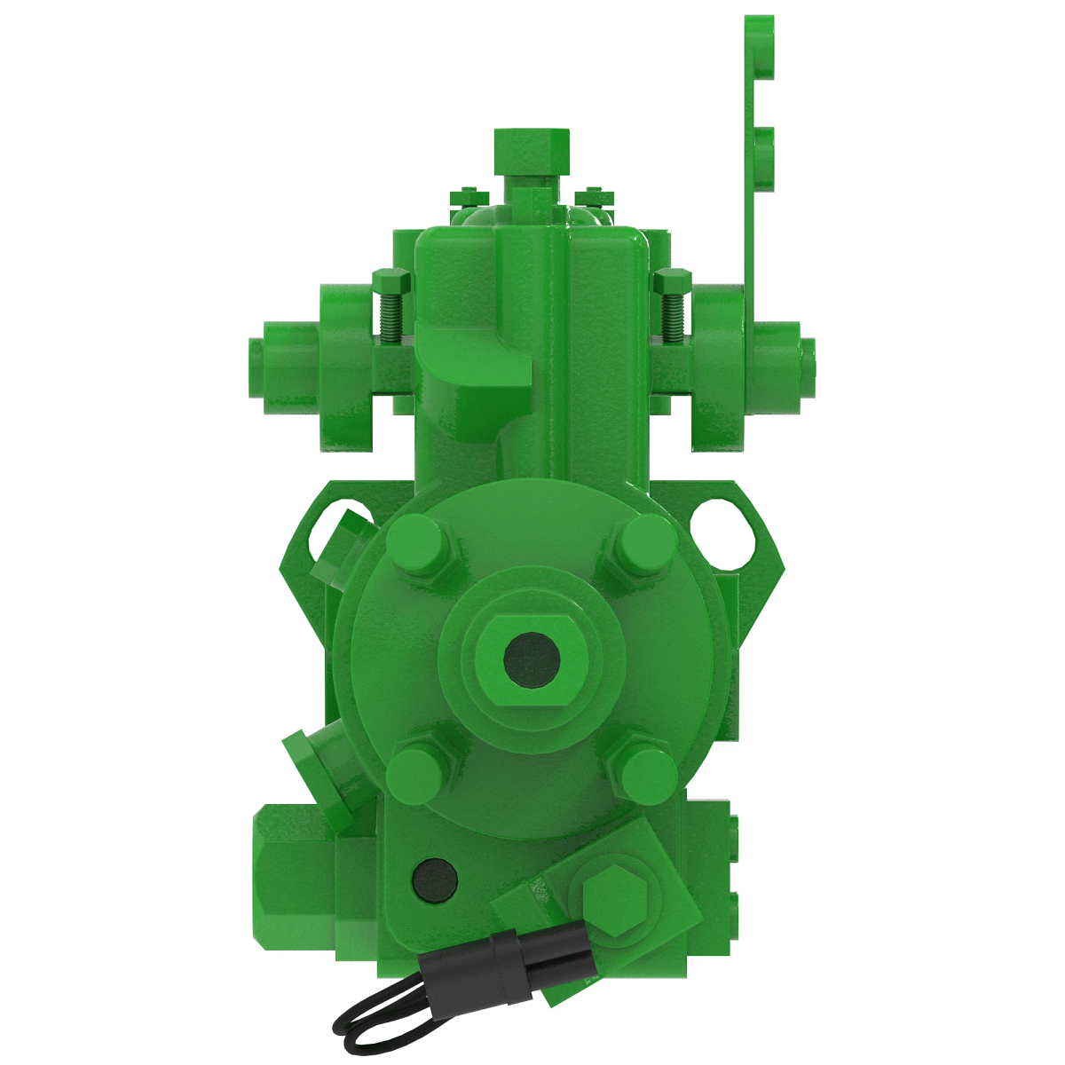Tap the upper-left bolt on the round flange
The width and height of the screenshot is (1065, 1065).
(x=415, y=543)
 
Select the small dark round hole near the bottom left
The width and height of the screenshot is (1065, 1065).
(x=436, y=880)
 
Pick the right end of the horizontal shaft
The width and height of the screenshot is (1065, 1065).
(x=809, y=366)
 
